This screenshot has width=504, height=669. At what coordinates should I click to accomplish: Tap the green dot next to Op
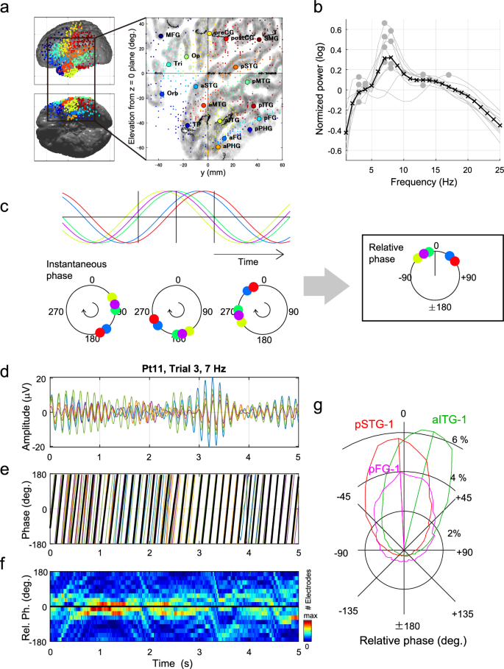point(186,56)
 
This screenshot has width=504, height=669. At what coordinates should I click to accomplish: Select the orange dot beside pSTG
point(235,67)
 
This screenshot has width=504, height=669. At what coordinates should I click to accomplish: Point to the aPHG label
point(232,146)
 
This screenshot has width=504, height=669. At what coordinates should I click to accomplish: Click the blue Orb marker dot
point(162,94)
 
